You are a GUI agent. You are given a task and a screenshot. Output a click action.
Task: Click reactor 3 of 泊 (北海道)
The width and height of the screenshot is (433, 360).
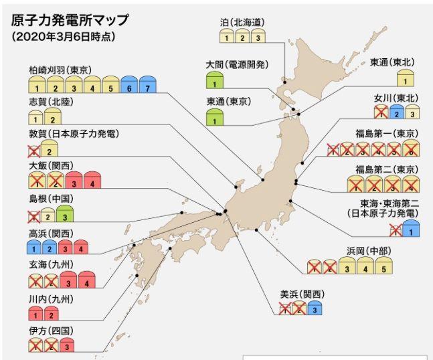tap(259, 37)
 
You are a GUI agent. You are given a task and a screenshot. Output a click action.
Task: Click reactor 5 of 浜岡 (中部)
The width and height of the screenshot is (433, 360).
tap(383, 268)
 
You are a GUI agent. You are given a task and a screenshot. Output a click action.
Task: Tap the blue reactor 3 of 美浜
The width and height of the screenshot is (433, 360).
tap(313, 309)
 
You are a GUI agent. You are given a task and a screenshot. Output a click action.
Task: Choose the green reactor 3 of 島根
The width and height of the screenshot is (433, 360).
tap(64, 215)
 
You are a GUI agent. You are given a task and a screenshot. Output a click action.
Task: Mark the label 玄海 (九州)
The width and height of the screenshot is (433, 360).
tap(51, 265)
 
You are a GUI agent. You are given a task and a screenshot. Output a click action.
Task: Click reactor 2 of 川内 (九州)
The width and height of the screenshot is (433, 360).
tap(52, 314)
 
